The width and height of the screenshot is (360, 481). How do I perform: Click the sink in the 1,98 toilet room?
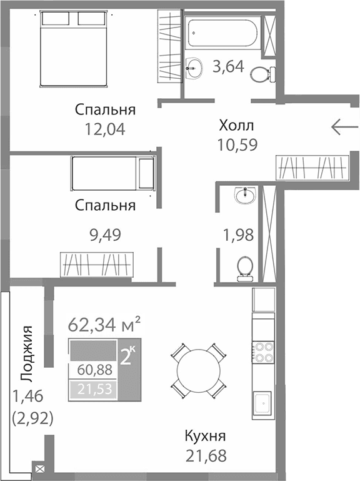(244, 196)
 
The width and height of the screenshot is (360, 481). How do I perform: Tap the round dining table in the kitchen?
(198, 371)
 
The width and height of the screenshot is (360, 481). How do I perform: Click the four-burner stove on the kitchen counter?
(263, 353)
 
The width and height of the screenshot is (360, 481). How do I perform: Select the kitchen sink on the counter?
(262, 403)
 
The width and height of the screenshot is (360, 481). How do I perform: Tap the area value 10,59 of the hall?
(236, 144)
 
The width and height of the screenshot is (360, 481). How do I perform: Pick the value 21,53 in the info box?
(93, 389)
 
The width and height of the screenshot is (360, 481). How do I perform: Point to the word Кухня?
(205, 436)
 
